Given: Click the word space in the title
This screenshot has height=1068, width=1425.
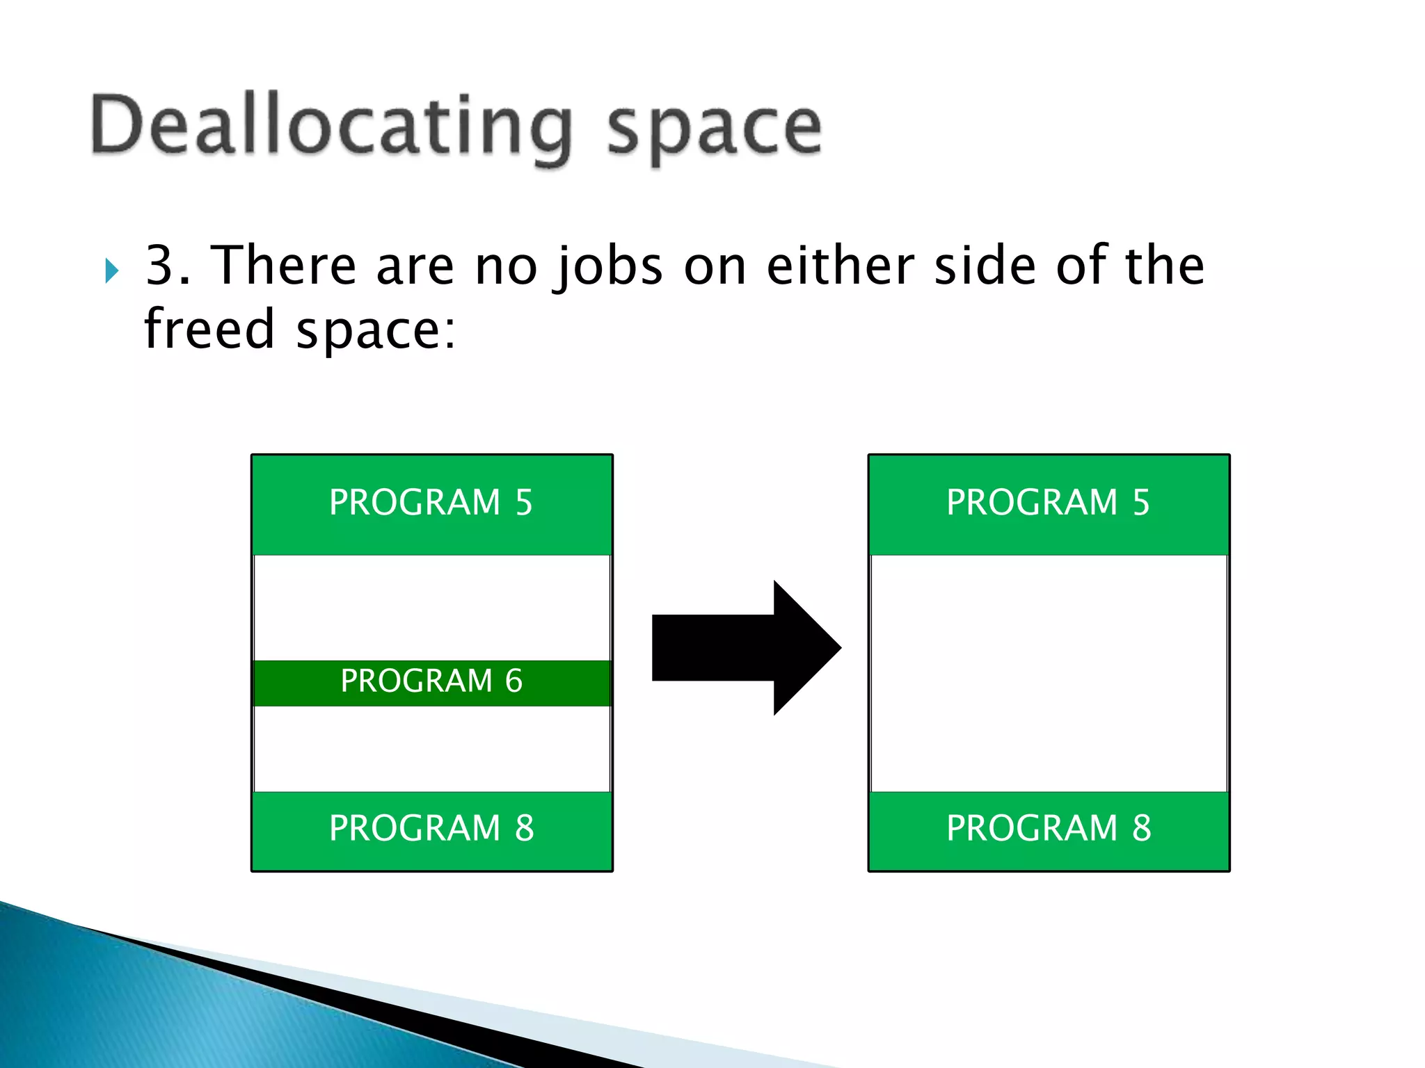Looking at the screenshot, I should [715, 129].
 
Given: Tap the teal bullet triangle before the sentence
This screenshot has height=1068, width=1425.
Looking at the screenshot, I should [111, 270].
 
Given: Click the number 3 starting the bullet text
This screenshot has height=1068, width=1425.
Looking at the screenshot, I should [160, 265].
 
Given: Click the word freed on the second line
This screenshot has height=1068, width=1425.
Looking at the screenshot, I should [209, 329].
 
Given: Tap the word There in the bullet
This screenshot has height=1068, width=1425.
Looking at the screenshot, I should [284, 265].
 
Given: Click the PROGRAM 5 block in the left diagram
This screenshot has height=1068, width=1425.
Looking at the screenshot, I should [431, 503].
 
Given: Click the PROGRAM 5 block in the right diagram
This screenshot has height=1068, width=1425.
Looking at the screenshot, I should [1049, 503].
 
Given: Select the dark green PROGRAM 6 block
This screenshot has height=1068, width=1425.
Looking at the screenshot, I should [431, 681].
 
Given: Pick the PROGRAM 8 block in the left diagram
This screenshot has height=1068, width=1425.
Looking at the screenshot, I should [431, 829].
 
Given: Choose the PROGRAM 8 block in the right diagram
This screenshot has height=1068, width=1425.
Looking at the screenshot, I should [1049, 829].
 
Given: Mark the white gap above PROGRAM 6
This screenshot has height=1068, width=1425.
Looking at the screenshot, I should [431, 607].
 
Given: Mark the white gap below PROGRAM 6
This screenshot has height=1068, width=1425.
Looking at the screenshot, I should [431, 749].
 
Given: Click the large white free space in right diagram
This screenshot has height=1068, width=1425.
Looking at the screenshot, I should [1049, 673].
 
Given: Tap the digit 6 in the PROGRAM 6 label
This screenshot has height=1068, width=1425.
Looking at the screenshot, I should [514, 681].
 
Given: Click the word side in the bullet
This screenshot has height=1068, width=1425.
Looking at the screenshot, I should [985, 265].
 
